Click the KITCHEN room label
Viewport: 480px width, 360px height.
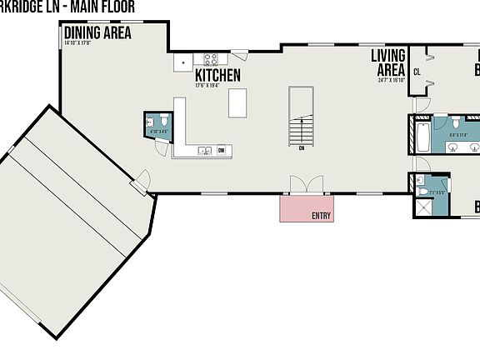point(217,75)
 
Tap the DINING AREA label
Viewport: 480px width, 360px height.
point(97,33)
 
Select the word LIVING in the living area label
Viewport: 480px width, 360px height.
point(387,56)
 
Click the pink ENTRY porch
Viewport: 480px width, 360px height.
point(307,208)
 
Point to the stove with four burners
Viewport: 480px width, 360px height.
point(211,59)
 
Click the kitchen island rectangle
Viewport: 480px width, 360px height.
point(238,102)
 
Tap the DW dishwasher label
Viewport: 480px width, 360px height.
point(222,151)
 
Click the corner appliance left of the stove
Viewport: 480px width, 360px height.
point(182,60)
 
